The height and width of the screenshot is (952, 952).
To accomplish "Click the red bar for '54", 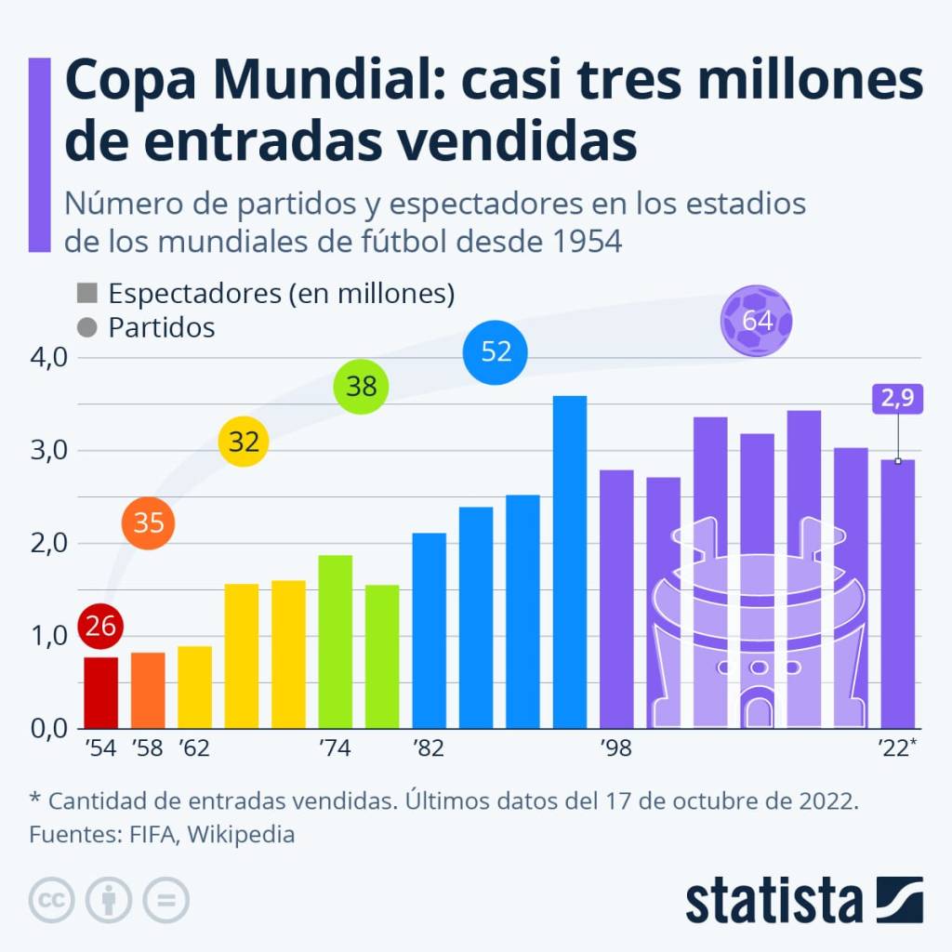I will [100, 692].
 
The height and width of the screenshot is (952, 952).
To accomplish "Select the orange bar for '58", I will [148, 690].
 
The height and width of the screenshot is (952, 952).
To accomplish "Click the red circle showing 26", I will [100, 626].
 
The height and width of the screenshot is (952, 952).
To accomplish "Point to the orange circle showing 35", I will [149, 522].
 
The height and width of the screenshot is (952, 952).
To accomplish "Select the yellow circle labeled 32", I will [244, 443].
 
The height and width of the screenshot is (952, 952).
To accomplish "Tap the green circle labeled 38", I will [361, 387].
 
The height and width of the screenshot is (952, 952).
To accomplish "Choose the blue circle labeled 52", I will [496, 351].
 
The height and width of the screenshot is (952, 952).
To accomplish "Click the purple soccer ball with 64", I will [757, 322].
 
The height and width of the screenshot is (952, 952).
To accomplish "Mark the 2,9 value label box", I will [897, 398].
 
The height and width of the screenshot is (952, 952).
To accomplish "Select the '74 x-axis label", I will [335, 748].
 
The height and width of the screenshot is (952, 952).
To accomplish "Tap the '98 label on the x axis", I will [617, 748].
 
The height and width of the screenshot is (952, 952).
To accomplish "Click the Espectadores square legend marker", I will [88, 294].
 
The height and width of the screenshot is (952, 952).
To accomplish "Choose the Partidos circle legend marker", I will [88, 327].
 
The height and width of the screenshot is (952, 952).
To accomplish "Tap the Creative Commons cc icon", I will [53, 900].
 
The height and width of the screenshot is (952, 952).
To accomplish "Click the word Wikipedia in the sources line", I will [241, 834].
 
